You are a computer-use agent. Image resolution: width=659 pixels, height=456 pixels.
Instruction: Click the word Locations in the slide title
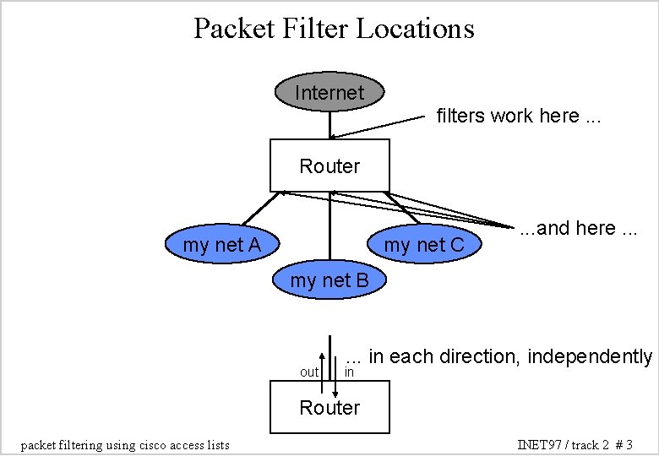tap(415, 29)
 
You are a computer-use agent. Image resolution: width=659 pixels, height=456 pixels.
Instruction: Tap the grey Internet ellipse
tap(329, 92)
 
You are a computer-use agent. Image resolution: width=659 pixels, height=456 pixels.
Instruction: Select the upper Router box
tap(329, 166)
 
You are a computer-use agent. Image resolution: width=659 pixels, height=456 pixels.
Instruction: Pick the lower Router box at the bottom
tap(329, 408)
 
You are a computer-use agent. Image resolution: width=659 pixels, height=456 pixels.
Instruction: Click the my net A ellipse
tap(221, 246)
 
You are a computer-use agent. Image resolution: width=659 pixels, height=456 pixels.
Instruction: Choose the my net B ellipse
tap(329, 280)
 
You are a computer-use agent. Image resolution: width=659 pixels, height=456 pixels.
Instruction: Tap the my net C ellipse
tap(424, 246)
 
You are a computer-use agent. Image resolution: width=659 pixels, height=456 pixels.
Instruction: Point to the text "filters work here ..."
tap(519, 116)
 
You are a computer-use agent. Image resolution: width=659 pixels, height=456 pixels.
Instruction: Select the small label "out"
tap(309, 372)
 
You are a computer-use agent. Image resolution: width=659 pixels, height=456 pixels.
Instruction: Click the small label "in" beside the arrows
tap(349, 372)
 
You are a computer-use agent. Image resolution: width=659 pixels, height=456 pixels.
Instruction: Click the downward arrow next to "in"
tap(335, 376)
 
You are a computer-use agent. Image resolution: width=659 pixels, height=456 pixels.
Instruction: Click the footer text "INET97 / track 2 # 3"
tap(575, 444)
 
